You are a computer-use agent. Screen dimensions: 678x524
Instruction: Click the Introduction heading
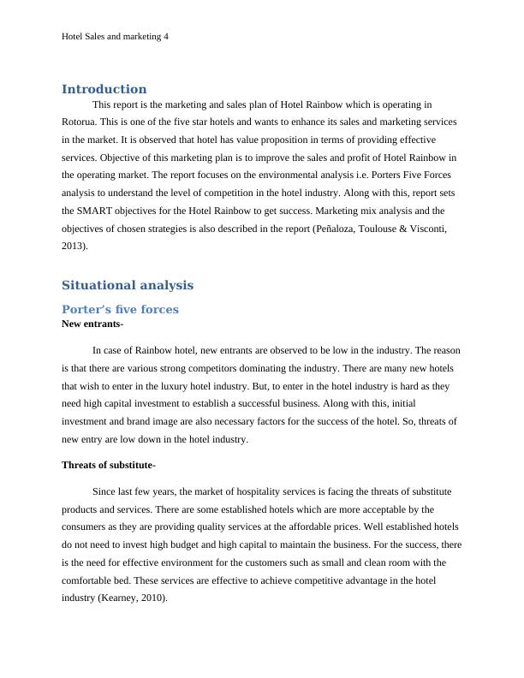tap(104, 89)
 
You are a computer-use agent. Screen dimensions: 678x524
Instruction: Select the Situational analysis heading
tap(128, 285)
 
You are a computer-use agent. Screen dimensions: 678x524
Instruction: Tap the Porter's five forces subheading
tap(120, 309)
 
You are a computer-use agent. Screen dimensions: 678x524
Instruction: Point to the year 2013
tap(74, 246)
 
